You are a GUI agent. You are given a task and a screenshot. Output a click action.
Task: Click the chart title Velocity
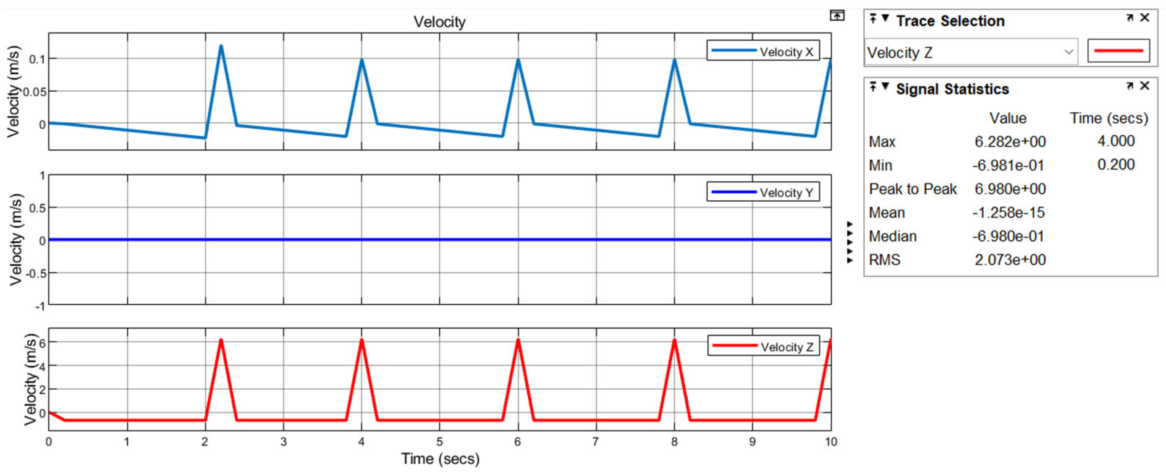(x=439, y=22)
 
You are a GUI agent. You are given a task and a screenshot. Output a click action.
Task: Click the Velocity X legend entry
(x=763, y=51)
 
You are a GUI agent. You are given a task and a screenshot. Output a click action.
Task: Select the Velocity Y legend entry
(x=763, y=192)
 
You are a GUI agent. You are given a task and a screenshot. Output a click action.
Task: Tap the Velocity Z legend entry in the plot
(x=763, y=347)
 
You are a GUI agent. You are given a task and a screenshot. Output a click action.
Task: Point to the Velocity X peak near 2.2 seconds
(x=221, y=46)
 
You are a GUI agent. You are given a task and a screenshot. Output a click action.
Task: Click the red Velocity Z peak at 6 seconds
(x=518, y=340)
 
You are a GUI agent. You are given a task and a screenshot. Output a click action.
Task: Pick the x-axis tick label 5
(x=439, y=442)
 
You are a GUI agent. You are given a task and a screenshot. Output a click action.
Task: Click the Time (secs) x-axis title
(x=440, y=459)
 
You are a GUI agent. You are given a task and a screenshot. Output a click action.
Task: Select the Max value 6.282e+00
(x=1010, y=142)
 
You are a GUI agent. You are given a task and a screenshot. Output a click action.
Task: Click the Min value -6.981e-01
(x=1008, y=165)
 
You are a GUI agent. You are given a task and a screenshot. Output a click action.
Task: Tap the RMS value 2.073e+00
(x=1010, y=260)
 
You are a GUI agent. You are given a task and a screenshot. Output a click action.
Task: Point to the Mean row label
(x=886, y=212)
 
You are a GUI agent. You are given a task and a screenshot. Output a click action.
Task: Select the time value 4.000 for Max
(x=1115, y=141)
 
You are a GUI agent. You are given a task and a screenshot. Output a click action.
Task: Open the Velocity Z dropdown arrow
(x=1069, y=52)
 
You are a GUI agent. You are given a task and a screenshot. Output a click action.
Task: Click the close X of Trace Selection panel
(x=1145, y=18)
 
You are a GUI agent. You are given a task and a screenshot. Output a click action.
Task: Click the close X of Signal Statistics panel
(x=1145, y=86)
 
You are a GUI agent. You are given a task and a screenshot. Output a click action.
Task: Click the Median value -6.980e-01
(x=1008, y=236)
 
